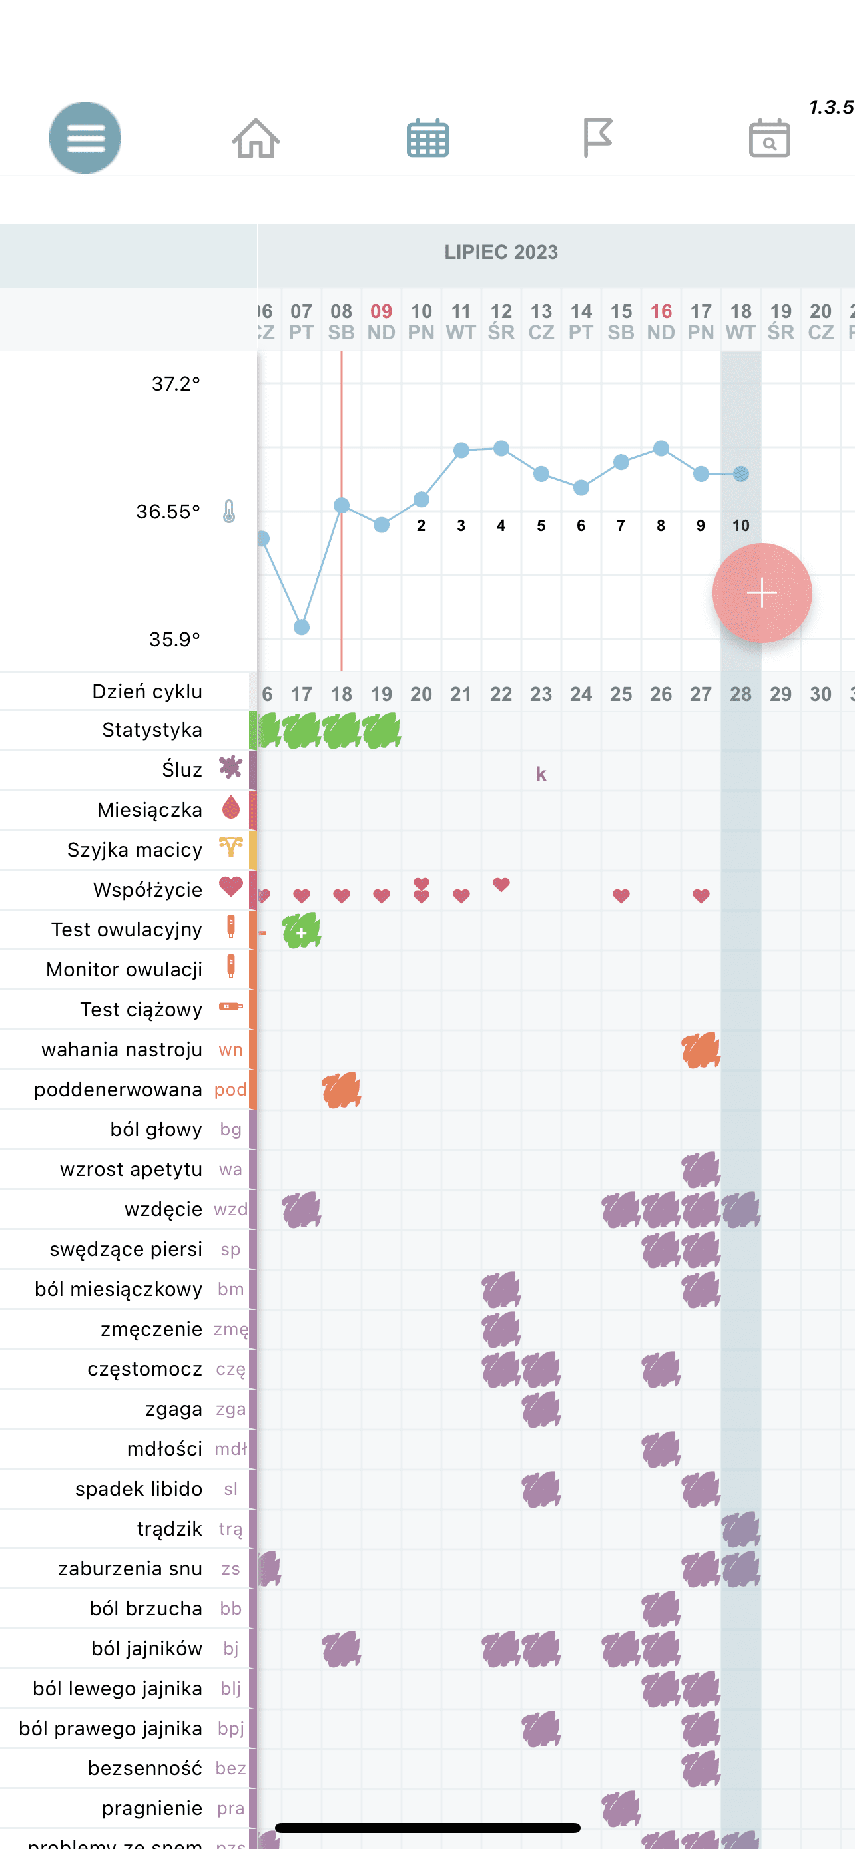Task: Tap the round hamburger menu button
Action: tap(85, 137)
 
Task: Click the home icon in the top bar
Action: tap(256, 138)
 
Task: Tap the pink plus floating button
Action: tap(762, 593)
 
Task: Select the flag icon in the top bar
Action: tap(597, 137)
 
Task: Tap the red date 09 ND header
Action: tap(381, 321)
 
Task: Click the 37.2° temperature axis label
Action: tap(175, 384)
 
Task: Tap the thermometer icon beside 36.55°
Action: tap(229, 512)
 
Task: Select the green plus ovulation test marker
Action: tap(302, 932)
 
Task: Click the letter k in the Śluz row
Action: tap(541, 774)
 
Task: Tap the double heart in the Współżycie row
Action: tap(422, 890)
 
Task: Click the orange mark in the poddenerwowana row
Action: tap(342, 1090)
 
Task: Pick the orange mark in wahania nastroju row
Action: tap(701, 1050)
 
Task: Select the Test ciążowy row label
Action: tap(141, 1010)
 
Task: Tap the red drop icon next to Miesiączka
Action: tap(230, 808)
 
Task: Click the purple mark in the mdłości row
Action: tap(661, 1449)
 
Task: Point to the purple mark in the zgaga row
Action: tap(541, 1409)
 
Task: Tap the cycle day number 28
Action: tap(741, 694)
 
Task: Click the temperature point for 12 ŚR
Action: tap(501, 448)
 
